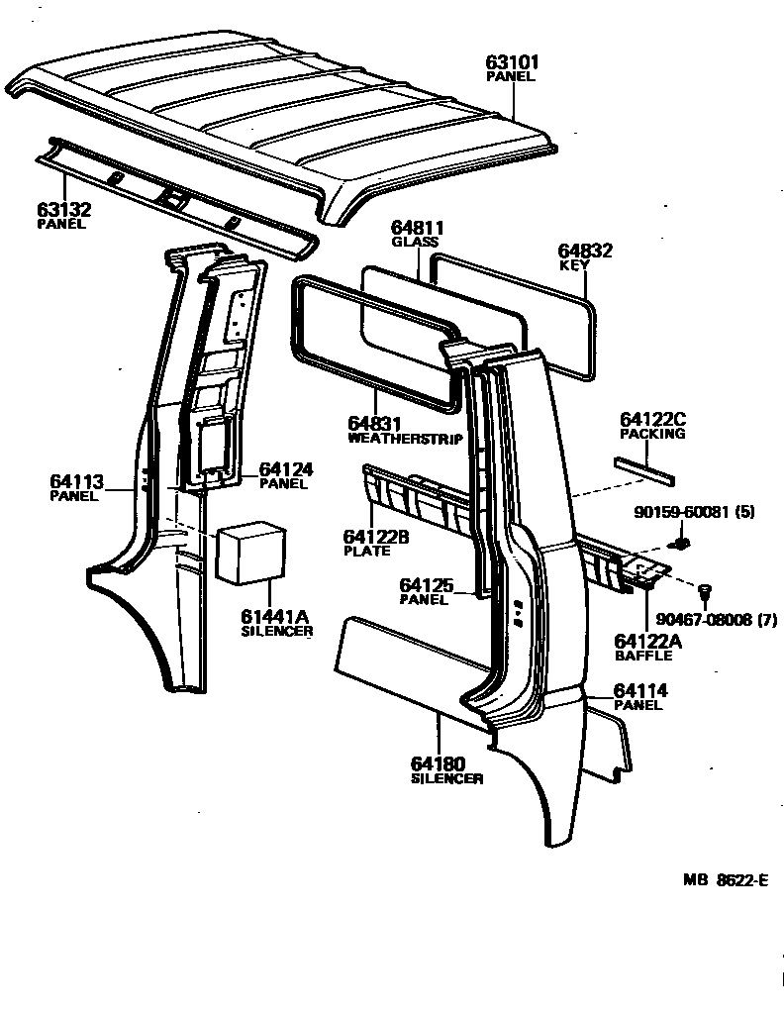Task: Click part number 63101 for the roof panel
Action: coord(513,62)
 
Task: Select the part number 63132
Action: coord(63,210)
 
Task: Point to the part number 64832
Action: coord(585,252)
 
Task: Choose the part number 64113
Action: coord(76,482)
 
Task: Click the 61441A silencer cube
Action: coord(251,553)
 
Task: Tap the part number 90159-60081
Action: coord(684,512)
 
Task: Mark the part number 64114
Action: coord(640,691)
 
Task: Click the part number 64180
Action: coord(437,764)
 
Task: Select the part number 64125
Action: coord(427,586)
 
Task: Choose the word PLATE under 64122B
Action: coord(367,551)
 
